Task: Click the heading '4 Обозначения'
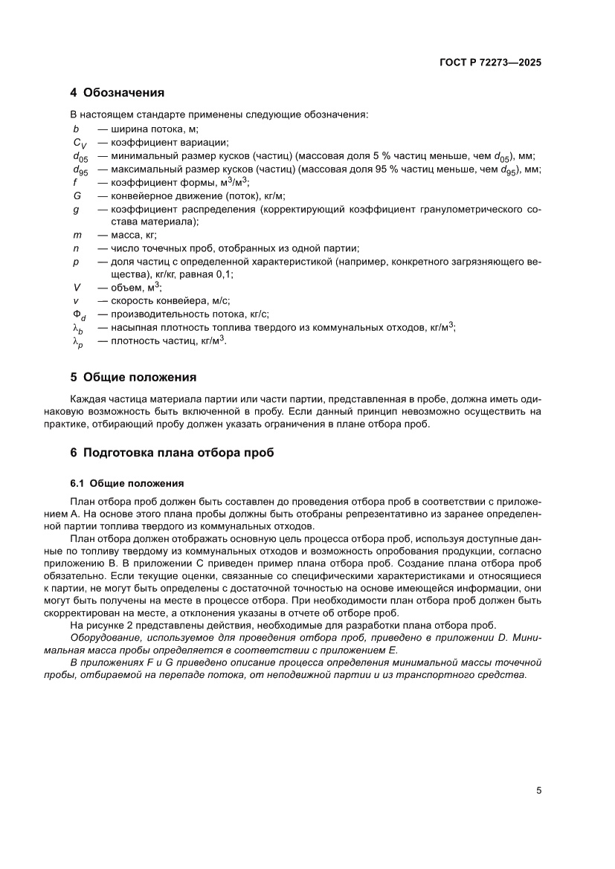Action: pyautogui.click(x=117, y=93)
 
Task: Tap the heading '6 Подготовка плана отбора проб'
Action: pyautogui.click(x=173, y=452)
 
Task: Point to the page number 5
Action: pyautogui.click(x=539, y=790)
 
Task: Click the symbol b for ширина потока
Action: pyautogui.click(x=75, y=129)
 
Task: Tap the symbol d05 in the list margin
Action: pyautogui.click(x=80, y=157)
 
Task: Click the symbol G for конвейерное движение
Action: pyautogui.click(x=77, y=196)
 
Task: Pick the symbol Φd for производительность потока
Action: pyautogui.click(x=79, y=314)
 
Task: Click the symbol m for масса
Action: pyautogui.click(x=77, y=235)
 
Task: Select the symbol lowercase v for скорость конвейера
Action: pyautogui.click(x=75, y=301)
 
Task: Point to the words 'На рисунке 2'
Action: pyautogui.click(x=102, y=625)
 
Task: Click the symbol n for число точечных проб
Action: pyautogui.click(x=75, y=248)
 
